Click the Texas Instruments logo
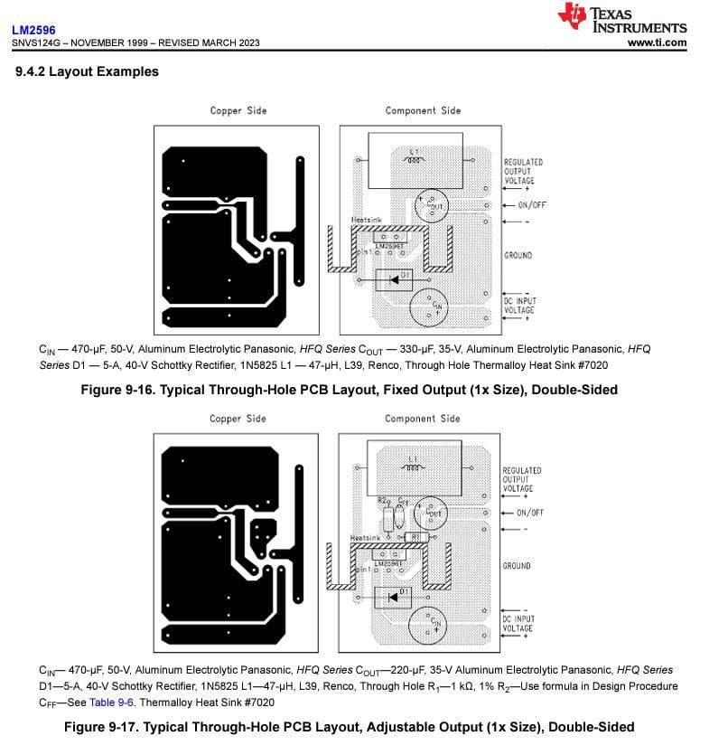tap(622, 19)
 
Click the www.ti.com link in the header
tap(657, 42)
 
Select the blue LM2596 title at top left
tap(33, 30)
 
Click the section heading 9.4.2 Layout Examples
tap(87, 71)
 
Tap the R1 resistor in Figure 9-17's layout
tap(415, 536)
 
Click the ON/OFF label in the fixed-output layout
tap(531, 205)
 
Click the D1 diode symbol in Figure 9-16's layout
tap(395, 279)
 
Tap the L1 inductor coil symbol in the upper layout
tap(415, 160)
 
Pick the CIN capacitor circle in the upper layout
tap(430, 306)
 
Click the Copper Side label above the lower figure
tap(238, 419)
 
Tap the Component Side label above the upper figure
tap(423, 110)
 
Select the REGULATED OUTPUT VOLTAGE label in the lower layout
tap(522, 479)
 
